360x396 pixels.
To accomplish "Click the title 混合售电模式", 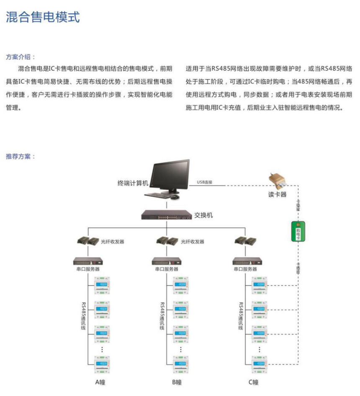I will pos(43,17).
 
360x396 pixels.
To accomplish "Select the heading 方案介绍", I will pos(21,57).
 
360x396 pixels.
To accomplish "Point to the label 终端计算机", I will pos(133,183).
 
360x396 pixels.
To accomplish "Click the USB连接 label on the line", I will pos(205,183).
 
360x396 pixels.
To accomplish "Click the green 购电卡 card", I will pos(298,232).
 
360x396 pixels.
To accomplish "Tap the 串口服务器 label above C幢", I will pos(244,269).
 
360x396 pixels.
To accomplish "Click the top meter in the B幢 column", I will pos(181,286).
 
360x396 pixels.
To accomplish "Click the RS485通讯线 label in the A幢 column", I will pos(83,316).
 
